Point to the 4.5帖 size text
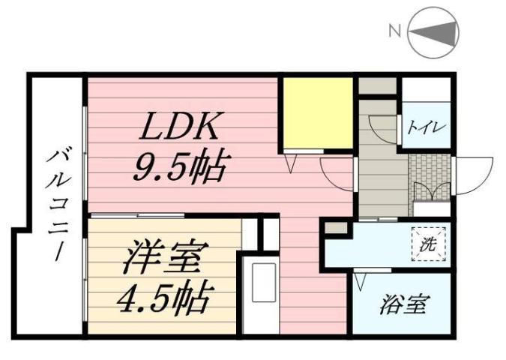click(163, 298)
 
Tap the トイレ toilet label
click(427, 126)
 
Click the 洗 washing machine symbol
click(427, 244)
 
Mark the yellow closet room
click(316, 112)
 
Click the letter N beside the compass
click(393, 31)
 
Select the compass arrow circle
click(435, 31)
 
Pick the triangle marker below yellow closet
click(294, 160)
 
